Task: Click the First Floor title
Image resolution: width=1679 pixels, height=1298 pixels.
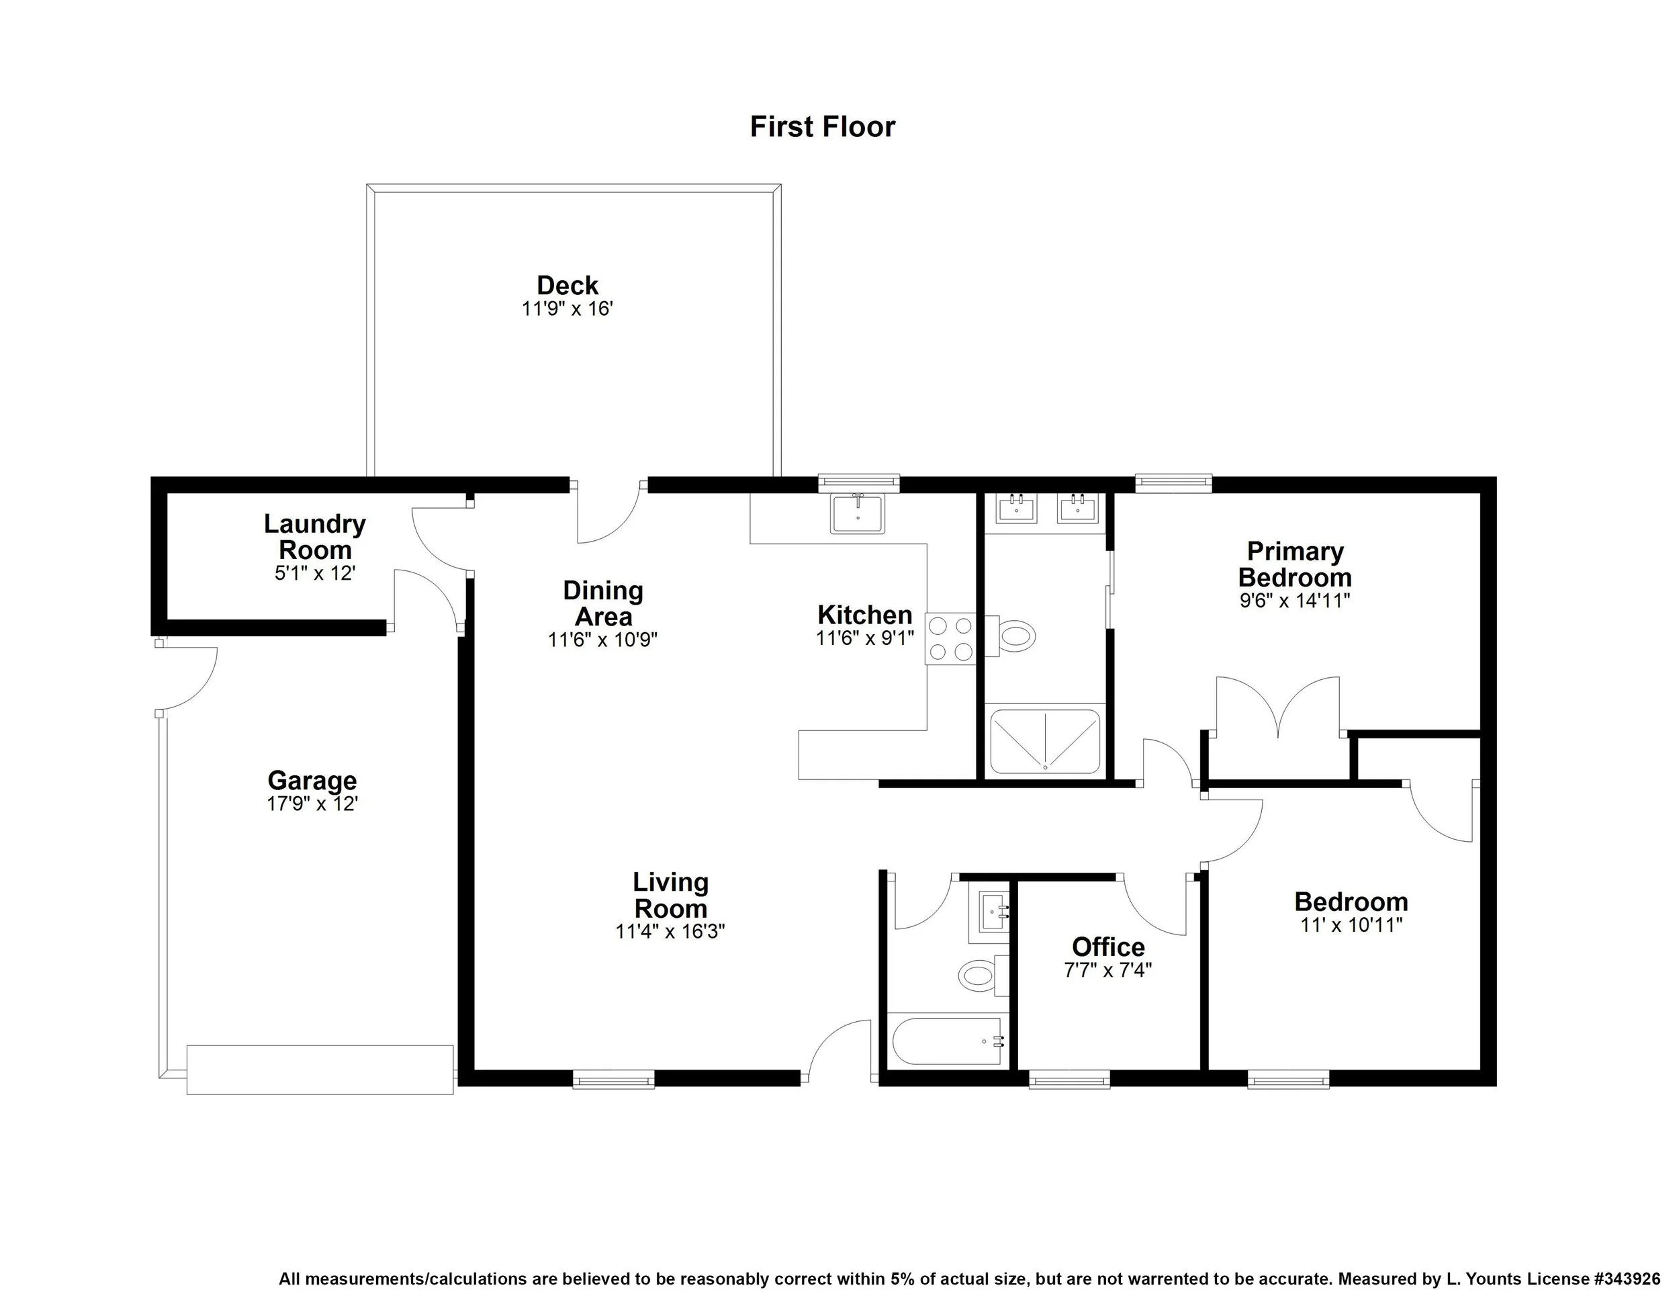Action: (x=822, y=127)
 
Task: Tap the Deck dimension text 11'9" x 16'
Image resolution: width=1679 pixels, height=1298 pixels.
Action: (x=567, y=309)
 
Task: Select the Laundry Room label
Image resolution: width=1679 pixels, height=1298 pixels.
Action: (x=314, y=537)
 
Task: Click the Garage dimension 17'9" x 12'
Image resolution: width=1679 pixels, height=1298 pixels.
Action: (x=312, y=804)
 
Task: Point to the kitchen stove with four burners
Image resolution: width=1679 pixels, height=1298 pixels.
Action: (x=950, y=639)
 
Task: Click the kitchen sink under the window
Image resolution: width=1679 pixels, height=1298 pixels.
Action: (x=857, y=513)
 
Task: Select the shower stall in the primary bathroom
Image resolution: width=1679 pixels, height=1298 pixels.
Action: (x=1045, y=741)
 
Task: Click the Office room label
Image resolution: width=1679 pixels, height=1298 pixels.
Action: (x=1107, y=947)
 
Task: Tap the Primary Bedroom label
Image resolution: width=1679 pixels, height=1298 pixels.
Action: (x=1295, y=564)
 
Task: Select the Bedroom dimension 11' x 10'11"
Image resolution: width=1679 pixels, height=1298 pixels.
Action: (x=1351, y=925)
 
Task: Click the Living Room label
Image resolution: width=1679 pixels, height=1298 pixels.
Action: (x=670, y=895)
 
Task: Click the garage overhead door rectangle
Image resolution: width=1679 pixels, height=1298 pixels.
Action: (x=320, y=1069)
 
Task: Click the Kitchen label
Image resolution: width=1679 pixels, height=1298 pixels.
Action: (x=865, y=615)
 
